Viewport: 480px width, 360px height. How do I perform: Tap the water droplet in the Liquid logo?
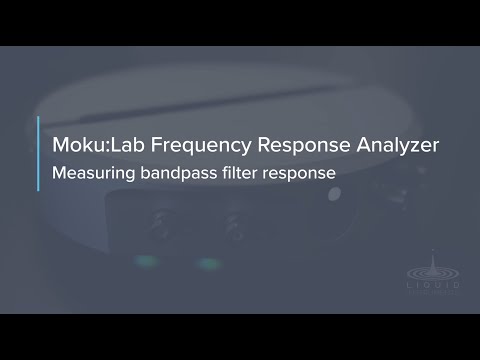coord(435,254)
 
